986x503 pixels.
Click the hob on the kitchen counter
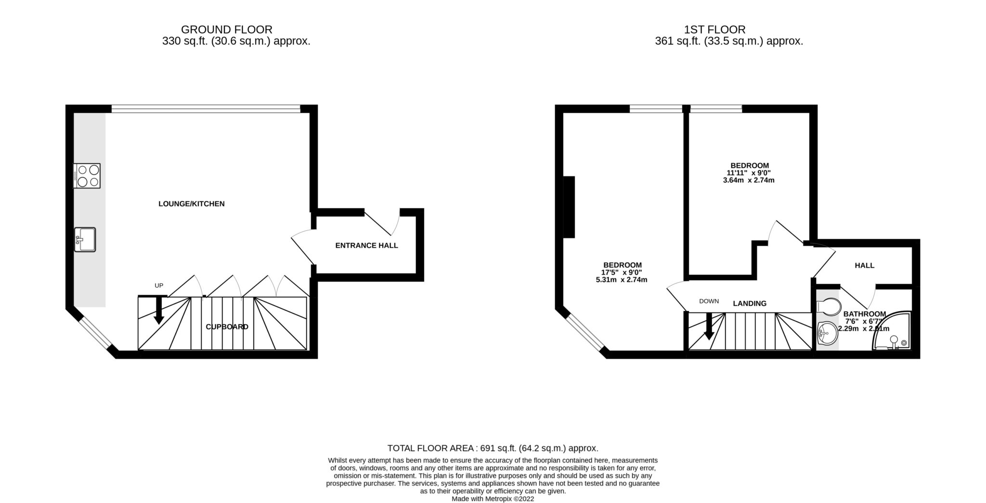click(87, 176)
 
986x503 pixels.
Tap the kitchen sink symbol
click(85, 239)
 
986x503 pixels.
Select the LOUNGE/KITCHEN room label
click(191, 203)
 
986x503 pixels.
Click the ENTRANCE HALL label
click(366, 245)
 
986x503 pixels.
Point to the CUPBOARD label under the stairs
click(227, 327)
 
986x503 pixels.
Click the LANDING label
click(749, 303)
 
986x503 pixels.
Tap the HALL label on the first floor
click(864, 265)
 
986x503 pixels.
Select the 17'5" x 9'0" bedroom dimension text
click(622, 272)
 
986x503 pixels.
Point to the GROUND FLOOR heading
click(226, 30)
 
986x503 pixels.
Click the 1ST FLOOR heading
click(714, 30)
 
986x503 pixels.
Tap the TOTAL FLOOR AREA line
click(493, 448)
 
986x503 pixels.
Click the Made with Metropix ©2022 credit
click(493, 499)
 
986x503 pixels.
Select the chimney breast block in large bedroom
click(569, 207)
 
